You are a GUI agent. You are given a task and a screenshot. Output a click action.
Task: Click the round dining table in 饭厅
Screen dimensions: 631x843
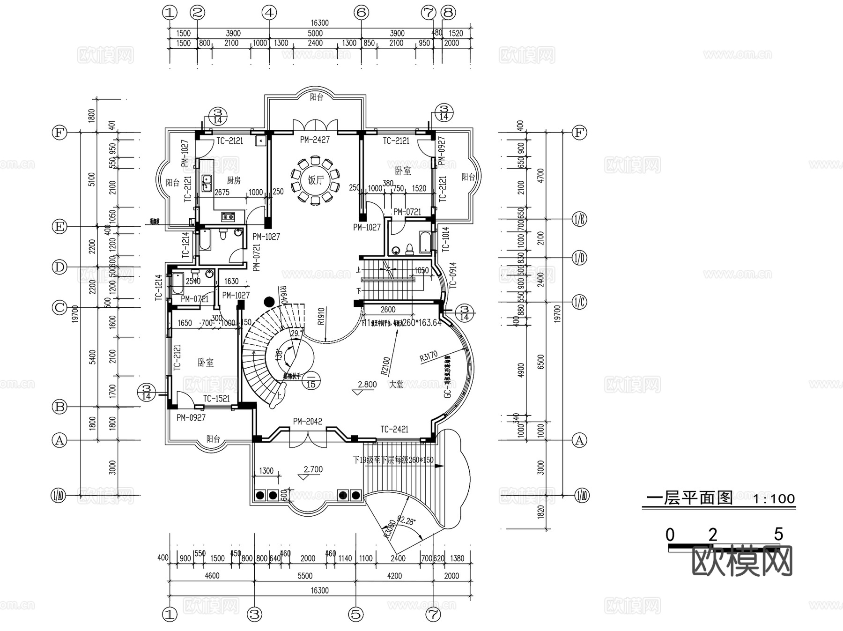click(x=315, y=180)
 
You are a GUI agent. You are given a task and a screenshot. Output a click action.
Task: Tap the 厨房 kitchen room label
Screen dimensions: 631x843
click(x=234, y=180)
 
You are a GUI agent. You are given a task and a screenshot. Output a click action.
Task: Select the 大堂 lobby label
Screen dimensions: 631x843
click(x=396, y=384)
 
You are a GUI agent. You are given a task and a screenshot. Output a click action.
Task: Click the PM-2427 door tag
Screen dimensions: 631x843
click(x=315, y=140)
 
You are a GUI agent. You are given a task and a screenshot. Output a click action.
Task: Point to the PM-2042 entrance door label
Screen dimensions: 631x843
click(x=307, y=422)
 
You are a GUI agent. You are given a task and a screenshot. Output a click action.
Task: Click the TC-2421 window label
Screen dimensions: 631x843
click(x=394, y=429)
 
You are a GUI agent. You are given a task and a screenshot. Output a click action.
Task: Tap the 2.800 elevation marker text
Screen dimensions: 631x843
click(x=367, y=385)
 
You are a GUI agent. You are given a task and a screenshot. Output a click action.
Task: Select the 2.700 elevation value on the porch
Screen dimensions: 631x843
click(x=313, y=469)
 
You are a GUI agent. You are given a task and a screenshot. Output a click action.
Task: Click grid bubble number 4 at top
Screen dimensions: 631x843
click(x=269, y=13)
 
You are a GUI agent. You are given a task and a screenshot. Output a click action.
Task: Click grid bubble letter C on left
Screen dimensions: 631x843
click(x=59, y=308)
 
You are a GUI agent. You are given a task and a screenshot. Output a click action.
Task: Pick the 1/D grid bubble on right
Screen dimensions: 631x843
click(x=579, y=258)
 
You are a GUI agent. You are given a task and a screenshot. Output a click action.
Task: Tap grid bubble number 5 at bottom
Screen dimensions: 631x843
click(x=356, y=614)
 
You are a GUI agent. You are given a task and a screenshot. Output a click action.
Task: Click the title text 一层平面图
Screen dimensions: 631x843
click(x=689, y=497)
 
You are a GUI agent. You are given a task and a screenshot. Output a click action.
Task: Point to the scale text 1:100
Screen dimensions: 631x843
click(x=774, y=498)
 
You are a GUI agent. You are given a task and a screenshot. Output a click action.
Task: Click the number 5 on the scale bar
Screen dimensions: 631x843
click(x=778, y=534)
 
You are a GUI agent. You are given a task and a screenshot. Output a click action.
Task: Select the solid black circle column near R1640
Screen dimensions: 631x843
click(x=269, y=302)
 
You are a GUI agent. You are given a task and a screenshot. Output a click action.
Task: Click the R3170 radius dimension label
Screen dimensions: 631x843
click(x=429, y=357)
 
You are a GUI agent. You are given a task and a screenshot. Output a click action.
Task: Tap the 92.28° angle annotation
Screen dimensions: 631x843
click(x=406, y=520)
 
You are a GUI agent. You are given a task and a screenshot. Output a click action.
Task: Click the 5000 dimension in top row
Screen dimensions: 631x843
click(x=315, y=33)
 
